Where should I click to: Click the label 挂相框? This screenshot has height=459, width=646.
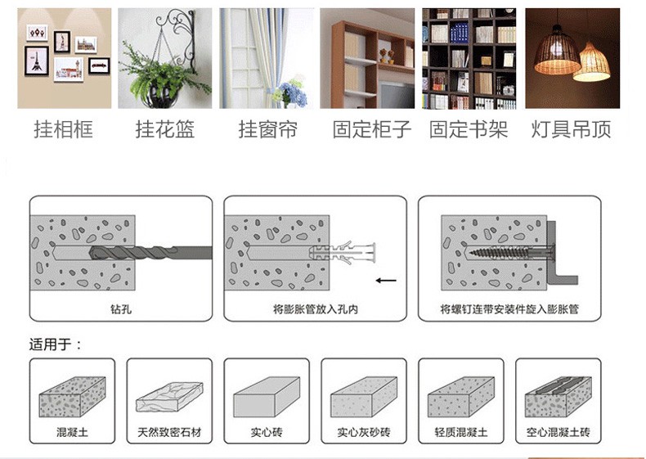64,129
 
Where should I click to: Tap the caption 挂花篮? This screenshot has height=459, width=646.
165,129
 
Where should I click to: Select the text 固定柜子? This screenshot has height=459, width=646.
372,129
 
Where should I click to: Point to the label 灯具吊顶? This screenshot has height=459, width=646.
571,129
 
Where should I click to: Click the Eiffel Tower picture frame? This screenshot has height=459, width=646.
37,61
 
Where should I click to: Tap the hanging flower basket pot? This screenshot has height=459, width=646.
159,96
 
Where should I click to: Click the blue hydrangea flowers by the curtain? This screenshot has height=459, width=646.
294,92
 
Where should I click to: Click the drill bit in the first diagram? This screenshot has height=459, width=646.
150,252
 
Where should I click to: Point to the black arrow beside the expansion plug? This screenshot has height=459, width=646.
386,281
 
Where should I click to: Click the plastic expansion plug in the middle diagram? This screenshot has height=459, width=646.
342,252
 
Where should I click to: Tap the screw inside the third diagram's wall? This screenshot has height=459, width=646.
510,251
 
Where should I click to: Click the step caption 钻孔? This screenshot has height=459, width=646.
121,308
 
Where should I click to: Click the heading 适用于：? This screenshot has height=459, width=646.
56,344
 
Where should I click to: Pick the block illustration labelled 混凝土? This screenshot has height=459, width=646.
72,396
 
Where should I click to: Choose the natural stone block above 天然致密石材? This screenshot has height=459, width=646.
169,397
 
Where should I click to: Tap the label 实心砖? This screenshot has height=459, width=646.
267,432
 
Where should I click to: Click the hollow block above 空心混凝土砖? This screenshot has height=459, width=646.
559,396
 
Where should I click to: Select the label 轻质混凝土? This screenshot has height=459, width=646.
461,432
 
